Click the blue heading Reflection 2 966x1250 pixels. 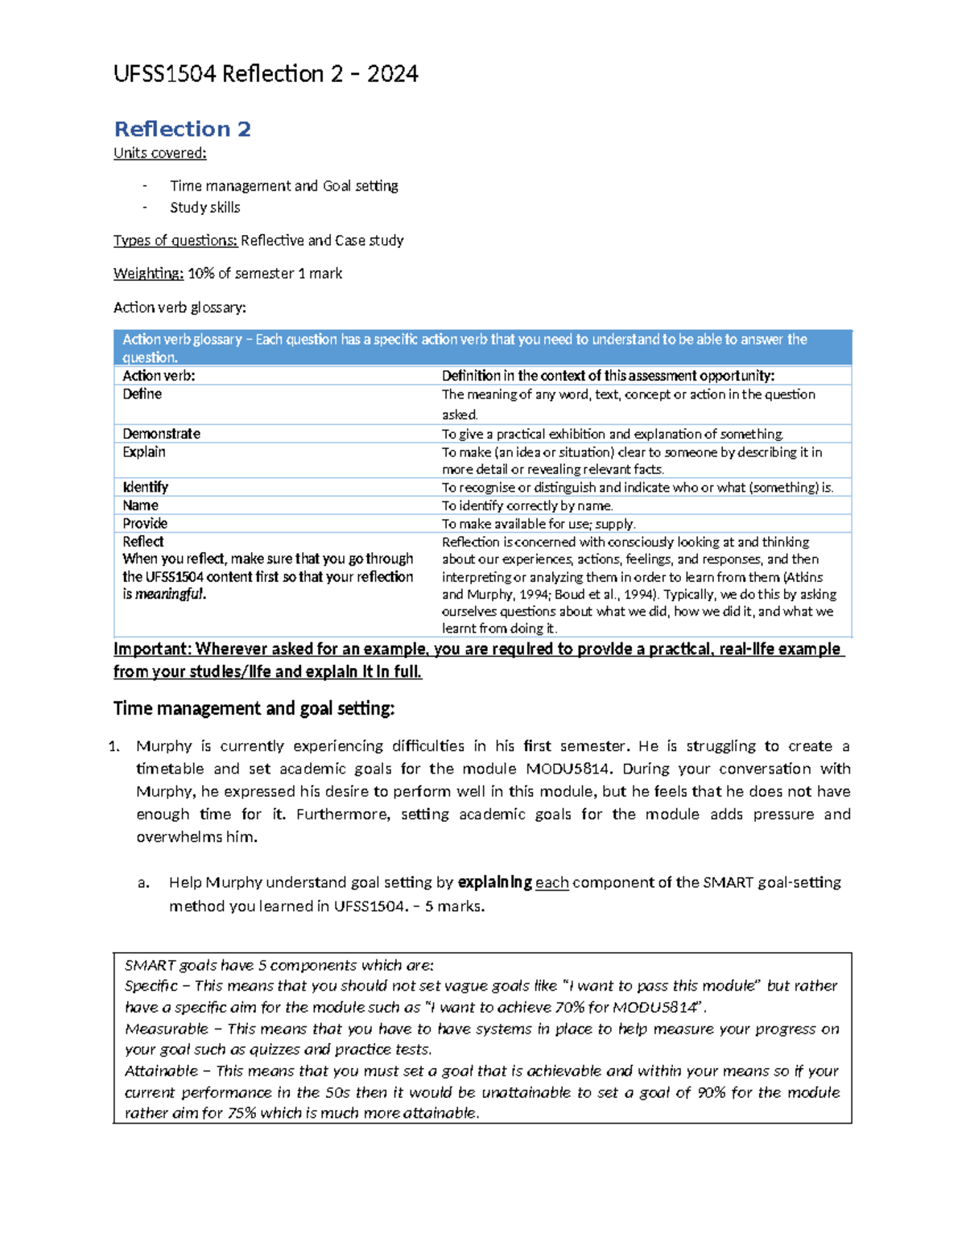point(182,129)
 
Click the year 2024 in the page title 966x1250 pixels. point(392,74)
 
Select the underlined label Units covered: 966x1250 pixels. point(159,153)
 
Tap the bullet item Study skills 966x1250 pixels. point(204,208)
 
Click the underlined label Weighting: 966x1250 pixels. point(148,274)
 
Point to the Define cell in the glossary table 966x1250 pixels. point(142,394)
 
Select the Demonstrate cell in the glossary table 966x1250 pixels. point(161,434)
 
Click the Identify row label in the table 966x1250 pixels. point(145,487)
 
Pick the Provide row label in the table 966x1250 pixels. point(144,523)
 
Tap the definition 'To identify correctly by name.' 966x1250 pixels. point(527,505)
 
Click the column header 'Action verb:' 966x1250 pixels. point(159,376)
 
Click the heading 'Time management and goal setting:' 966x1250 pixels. point(254,708)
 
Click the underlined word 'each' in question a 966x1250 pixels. point(551,883)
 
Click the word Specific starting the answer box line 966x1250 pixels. point(151,986)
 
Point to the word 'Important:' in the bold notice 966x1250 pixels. point(152,650)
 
